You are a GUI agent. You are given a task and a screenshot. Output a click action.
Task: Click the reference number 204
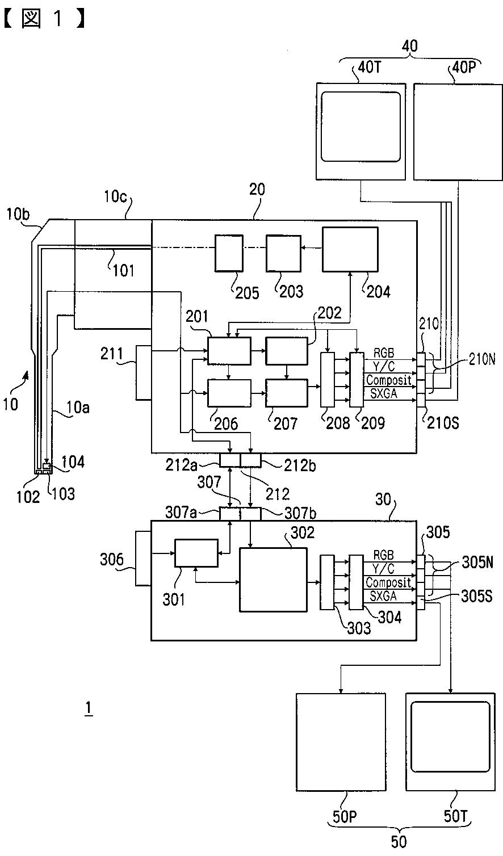[x=379, y=292]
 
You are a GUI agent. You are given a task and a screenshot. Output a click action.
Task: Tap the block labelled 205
[x=229, y=253]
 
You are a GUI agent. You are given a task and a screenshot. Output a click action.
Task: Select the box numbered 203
[x=284, y=253]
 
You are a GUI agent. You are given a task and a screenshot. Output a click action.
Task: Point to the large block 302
[x=273, y=580]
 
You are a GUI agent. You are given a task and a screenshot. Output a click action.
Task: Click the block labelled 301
[x=196, y=553]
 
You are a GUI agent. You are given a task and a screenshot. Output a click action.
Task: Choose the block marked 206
[x=229, y=393]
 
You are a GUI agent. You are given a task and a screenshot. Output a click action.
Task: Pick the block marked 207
[x=287, y=393]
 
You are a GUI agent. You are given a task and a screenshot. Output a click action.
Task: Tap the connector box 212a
[x=230, y=460]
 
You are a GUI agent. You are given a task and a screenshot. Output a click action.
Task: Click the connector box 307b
[x=251, y=514]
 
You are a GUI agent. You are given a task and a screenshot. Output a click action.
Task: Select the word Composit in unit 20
[x=389, y=380]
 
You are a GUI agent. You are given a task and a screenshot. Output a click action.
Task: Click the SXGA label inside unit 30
[x=383, y=596]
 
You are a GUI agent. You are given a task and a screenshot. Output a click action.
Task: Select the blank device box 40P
[x=458, y=132]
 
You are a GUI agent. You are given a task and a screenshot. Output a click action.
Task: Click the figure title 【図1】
[x=44, y=19]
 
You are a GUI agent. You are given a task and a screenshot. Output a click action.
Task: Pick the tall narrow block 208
[x=327, y=380]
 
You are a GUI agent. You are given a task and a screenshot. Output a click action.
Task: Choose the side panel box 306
[x=143, y=558]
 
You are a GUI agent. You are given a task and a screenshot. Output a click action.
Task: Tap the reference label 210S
[x=443, y=423]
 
